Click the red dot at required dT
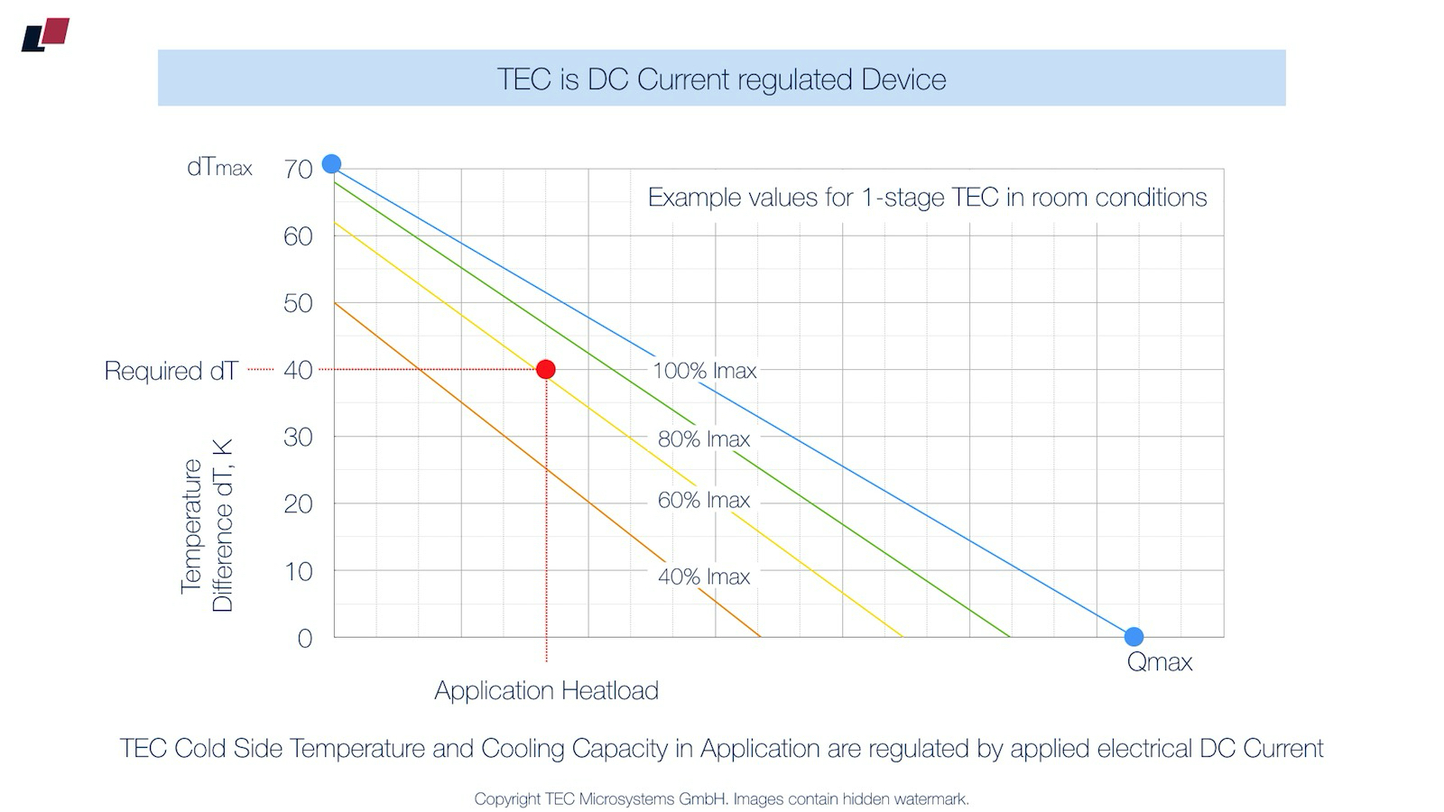point(545,369)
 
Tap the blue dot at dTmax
point(331,163)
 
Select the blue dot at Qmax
point(1134,637)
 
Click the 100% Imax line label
point(704,371)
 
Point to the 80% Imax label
point(704,439)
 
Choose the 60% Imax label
point(704,500)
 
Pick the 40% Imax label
point(704,577)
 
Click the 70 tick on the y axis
point(298,169)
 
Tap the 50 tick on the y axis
point(298,303)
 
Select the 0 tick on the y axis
point(305,639)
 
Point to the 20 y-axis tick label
point(298,504)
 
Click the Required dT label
point(171,371)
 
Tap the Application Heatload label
point(546,690)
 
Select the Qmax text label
point(1160,662)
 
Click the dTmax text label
point(219,168)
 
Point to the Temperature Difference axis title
point(207,526)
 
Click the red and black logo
point(45,34)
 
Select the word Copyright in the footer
point(507,799)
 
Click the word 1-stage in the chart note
point(912,198)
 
